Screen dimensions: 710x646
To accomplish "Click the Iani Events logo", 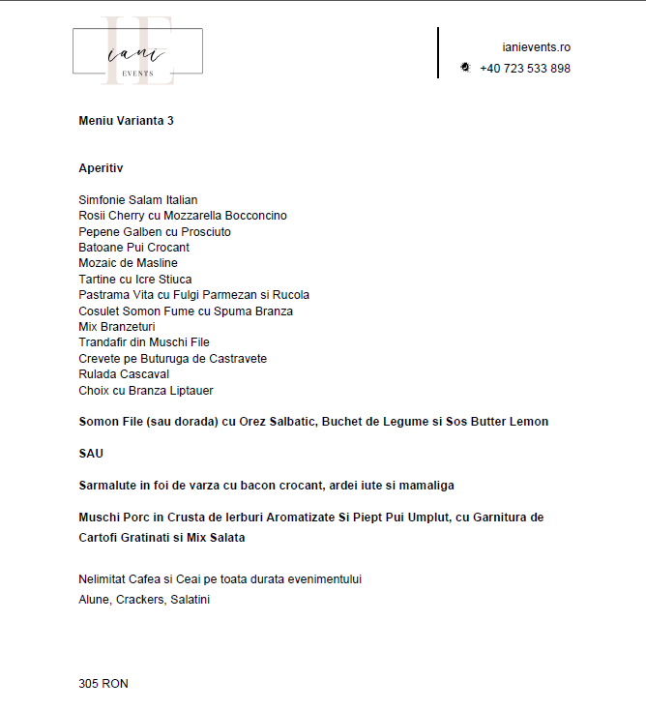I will point(137,51).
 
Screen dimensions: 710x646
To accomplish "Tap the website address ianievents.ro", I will point(536,46).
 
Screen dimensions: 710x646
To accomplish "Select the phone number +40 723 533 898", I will point(524,69).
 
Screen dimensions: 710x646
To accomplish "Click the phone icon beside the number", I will point(465,68).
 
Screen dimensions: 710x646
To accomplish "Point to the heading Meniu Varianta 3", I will point(126,121).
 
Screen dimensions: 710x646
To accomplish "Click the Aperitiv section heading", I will point(101,168).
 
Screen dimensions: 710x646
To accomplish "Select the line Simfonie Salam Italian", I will point(137,200).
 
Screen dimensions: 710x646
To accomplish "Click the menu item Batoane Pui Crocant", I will point(133,248).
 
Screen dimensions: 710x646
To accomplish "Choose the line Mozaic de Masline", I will point(128,263).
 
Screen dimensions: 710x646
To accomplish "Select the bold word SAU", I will point(91,454).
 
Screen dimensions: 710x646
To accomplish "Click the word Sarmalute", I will point(107,486).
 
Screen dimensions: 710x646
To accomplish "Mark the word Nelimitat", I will point(103,579).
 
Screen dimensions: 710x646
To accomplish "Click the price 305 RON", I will point(103,684).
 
